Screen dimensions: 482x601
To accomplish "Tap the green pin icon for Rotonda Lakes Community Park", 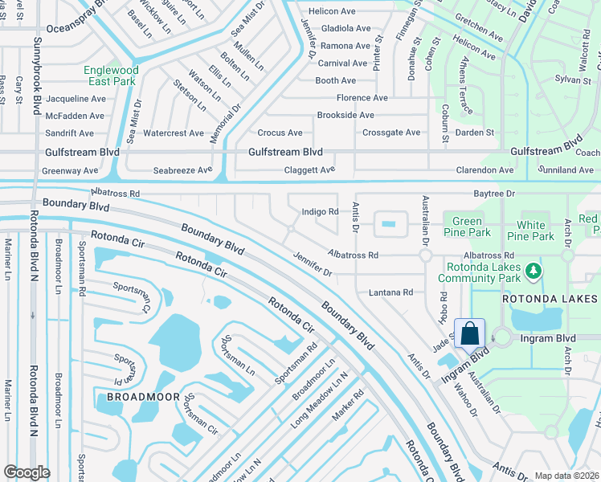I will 532,274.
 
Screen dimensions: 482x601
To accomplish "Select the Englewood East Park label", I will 111,76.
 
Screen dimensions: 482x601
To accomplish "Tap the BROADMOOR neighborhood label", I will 137,397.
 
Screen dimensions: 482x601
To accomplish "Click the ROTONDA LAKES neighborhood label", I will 550,299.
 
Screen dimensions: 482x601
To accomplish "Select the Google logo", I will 27,472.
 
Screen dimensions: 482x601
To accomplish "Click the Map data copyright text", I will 566,476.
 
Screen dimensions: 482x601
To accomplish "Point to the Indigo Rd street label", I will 320,212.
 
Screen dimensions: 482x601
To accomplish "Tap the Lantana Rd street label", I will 391,293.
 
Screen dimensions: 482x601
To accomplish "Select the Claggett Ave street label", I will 309,170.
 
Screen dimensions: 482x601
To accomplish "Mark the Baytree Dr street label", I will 493,194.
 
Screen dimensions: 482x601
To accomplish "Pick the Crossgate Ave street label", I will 391,133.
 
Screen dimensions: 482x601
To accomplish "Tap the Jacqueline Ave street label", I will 76,99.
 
